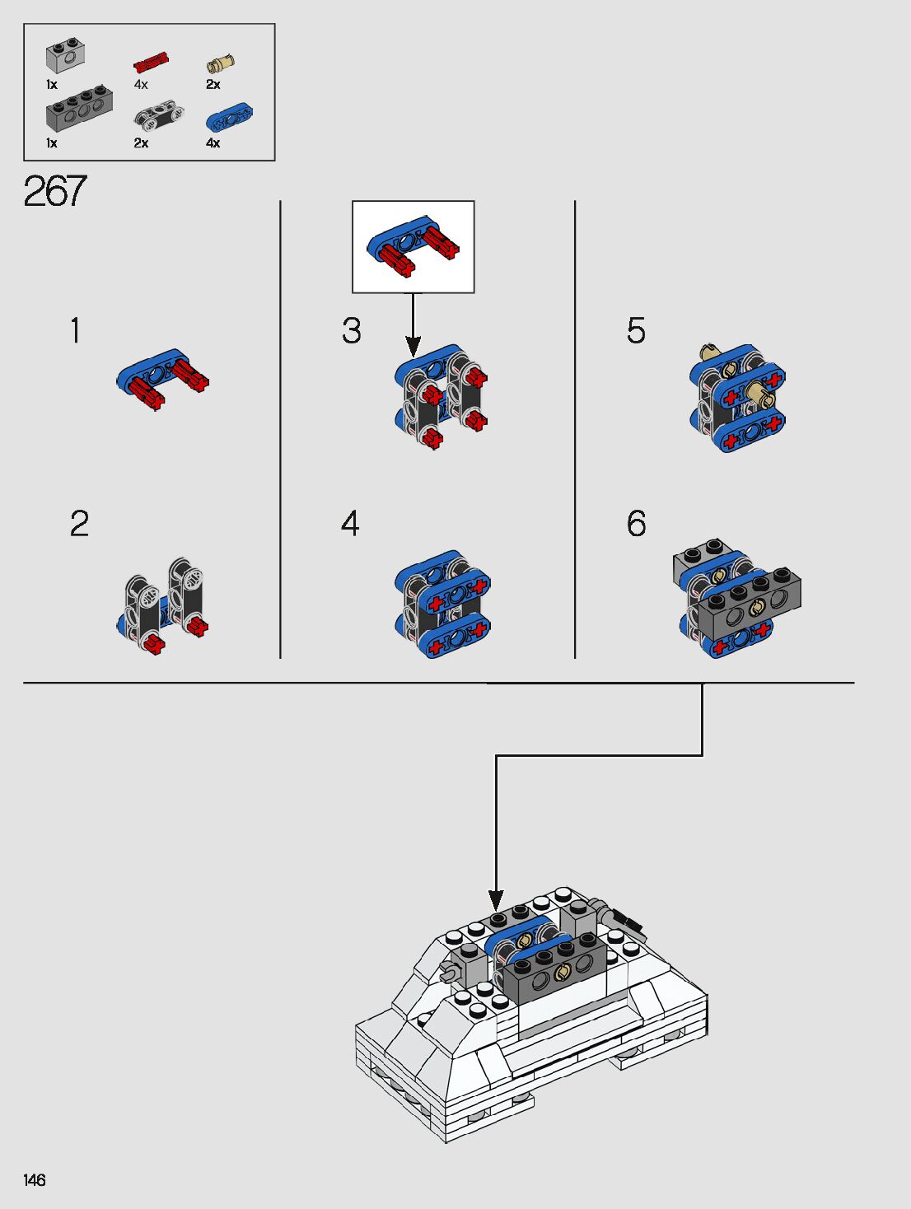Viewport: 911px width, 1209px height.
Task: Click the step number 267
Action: [55, 191]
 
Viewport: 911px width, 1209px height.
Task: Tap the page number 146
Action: [34, 1180]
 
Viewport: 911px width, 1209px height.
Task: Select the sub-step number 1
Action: [76, 330]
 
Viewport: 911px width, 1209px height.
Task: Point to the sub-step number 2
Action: [79, 523]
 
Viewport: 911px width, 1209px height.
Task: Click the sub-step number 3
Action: [352, 330]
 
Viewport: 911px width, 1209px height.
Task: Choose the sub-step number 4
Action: [350, 523]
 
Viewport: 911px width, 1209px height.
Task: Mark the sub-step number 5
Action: [636, 330]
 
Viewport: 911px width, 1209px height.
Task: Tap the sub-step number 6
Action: [636, 523]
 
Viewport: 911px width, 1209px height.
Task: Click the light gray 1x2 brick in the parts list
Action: [65, 57]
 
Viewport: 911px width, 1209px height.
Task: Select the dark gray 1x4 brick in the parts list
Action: [79, 109]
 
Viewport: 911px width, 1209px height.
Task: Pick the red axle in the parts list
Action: [151, 63]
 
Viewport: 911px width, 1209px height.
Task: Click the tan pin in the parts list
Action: [221, 63]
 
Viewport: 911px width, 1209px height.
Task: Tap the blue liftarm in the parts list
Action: [229, 117]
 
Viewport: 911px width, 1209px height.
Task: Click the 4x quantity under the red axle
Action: [141, 85]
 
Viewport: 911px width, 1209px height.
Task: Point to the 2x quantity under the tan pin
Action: [213, 85]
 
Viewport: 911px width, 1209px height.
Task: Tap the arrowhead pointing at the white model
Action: [496, 901]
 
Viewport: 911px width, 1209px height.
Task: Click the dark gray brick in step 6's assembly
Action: [750, 603]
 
